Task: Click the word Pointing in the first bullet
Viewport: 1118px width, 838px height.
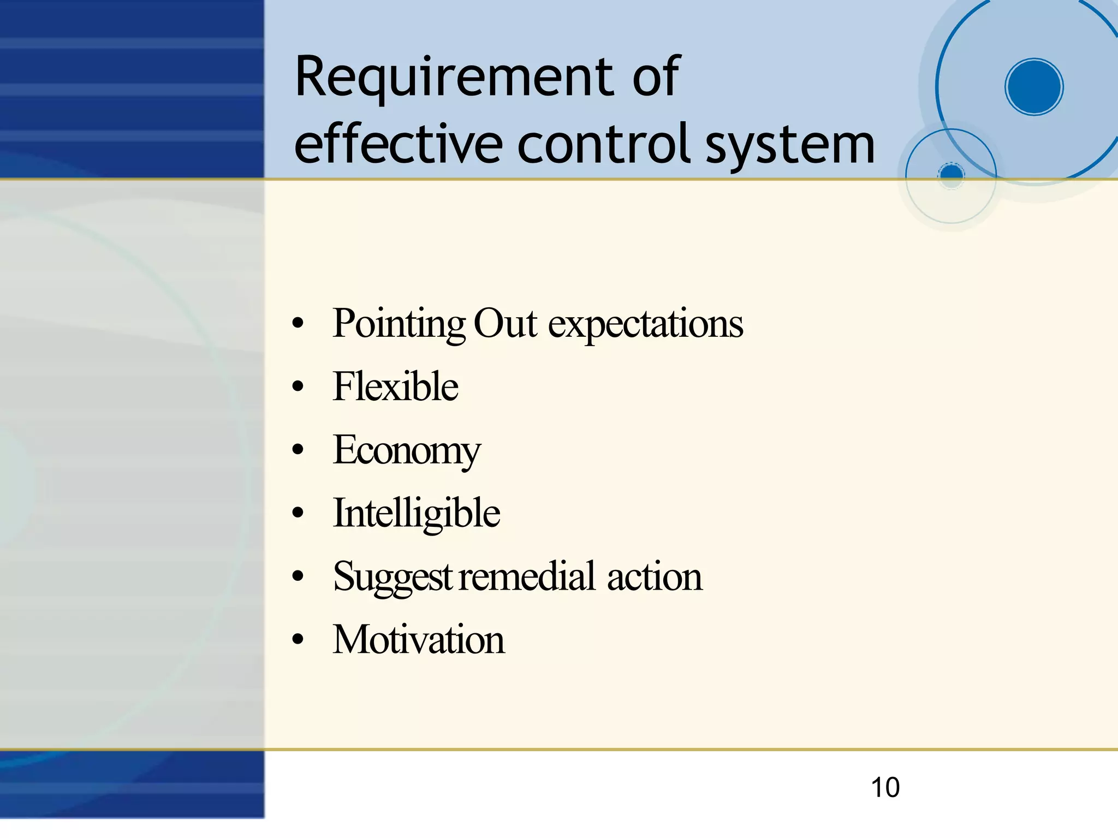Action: click(399, 325)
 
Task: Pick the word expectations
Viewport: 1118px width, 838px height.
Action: click(645, 325)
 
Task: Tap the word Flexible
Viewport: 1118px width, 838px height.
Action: click(395, 387)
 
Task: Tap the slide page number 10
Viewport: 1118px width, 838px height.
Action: click(885, 787)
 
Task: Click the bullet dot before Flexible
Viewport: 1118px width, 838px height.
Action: click(298, 387)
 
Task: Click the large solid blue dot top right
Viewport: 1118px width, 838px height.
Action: click(1033, 87)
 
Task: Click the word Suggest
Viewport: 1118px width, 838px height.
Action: click(392, 578)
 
